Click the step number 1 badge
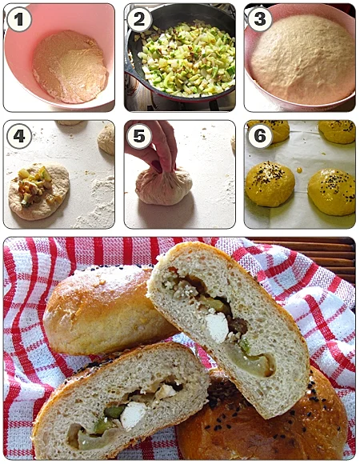coord(19,19)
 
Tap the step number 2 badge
coord(139,19)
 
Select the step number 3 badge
coord(260,19)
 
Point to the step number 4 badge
coord(19,136)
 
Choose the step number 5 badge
coord(139,136)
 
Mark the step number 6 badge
coord(260,136)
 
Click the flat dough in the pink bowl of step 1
coord(70,66)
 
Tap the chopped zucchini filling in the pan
coord(186,59)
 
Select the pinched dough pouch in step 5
coord(163,186)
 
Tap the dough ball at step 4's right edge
coord(106,139)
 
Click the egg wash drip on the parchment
coord(299,170)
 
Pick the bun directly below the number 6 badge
coord(270,183)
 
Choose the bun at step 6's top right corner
coord(338,131)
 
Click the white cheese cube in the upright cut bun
coord(217,327)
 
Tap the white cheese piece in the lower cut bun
coord(133,415)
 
